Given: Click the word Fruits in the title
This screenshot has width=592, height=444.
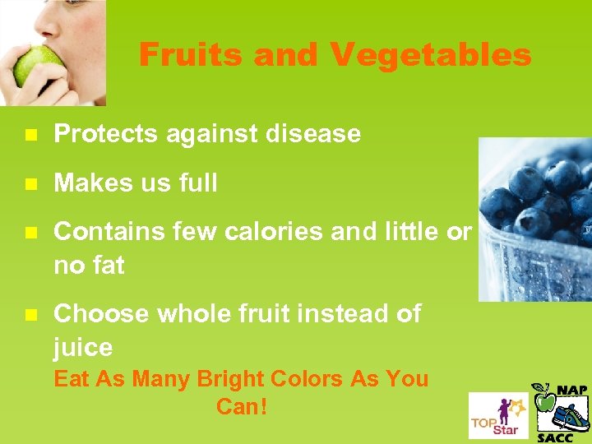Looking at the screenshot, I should pyautogui.click(x=191, y=55).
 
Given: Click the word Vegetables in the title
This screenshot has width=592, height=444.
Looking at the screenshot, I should pyautogui.click(x=431, y=55).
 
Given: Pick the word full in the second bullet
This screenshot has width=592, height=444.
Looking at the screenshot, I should pyautogui.click(x=197, y=183).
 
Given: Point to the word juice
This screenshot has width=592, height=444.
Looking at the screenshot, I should pyautogui.click(x=83, y=348).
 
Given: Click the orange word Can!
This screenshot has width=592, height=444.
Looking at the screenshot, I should pyautogui.click(x=242, y=406).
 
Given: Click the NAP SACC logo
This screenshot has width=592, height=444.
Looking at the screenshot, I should pyautogui.click(x=562, y=412).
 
